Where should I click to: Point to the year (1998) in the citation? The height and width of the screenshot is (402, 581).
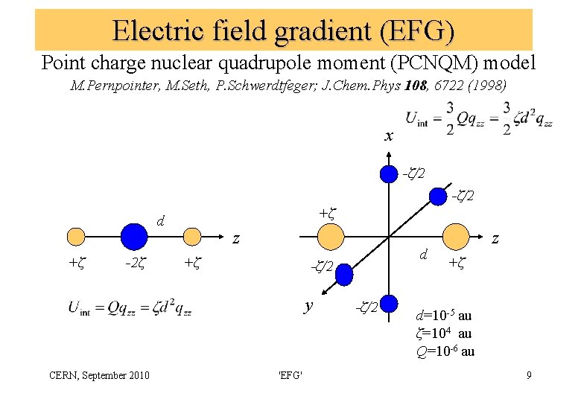point(485,86)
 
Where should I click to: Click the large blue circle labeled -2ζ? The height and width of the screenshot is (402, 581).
point(134,236)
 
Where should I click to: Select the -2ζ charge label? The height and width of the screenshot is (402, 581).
point(134,263)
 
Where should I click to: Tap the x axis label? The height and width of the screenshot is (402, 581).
point(388,136)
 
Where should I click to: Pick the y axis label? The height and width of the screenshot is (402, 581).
point(309,306)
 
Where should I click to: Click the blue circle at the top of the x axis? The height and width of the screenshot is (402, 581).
point(389,174)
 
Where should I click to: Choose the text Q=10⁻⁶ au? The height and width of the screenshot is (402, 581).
point(445,351)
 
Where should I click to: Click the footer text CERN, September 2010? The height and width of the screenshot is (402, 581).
point(107,374)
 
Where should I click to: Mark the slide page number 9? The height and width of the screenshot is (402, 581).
point(528,374)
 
